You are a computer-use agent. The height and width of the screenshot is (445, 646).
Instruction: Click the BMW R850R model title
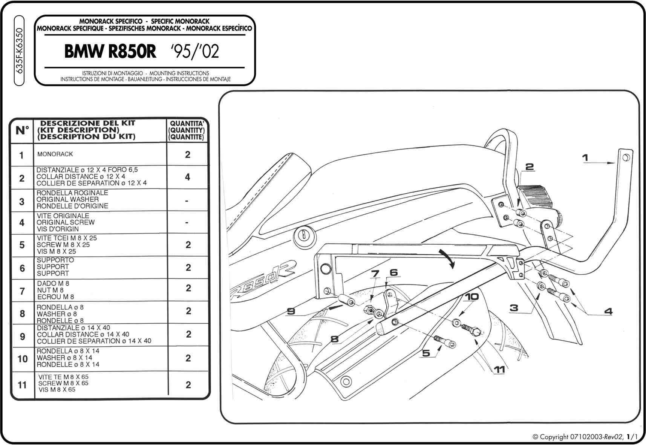tap(110, 52)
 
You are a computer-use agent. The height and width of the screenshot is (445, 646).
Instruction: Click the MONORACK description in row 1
tap(55, 154)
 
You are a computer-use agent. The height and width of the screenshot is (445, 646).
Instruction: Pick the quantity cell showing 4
tap(188, 177)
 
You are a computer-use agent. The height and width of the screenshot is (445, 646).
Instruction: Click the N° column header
tap(22, 131)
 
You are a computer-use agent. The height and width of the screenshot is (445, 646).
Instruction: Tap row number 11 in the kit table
tap(22, 385)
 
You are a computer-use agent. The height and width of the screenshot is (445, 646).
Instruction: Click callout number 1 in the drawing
tap(585, 158)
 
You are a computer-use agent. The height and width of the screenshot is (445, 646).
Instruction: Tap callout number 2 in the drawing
tap(530, 167)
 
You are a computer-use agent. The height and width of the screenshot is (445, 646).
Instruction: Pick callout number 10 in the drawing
tap(471, 297)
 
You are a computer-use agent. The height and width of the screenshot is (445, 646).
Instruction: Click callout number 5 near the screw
tap(426, 353)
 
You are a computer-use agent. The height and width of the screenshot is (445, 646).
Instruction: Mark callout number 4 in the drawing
tap(608, 311)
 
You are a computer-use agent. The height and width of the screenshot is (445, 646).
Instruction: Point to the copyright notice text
tap(585, 437)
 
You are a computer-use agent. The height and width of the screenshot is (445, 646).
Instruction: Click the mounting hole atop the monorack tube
tap(626, 157)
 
